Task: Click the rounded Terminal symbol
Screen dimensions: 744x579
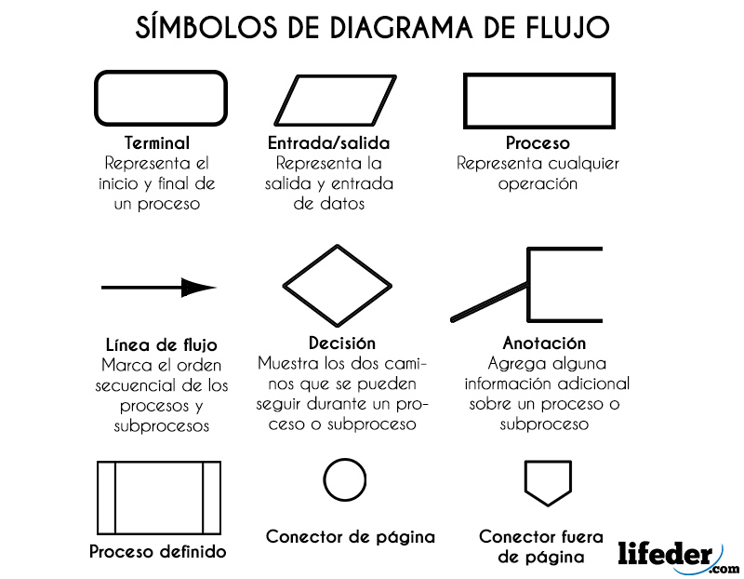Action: [161, 98]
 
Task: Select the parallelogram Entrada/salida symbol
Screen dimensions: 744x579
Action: [329, 98]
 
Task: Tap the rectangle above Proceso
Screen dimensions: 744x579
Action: [538, 100]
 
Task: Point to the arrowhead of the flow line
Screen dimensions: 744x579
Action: [198, 288]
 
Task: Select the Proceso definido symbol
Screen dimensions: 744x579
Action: [159, 496]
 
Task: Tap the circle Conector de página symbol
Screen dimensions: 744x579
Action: [345, 480]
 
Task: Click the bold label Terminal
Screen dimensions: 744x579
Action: [156, 143]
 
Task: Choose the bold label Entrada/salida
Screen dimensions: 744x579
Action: [328, 143]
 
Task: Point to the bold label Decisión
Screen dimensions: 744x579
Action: [342, 343]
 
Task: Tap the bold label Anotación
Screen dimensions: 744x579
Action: [544, 343]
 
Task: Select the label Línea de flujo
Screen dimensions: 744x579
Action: [156, 346]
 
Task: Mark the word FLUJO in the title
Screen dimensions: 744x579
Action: [563, 28]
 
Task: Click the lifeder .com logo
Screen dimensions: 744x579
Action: [678, 556]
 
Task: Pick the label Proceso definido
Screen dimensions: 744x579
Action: [158, 551]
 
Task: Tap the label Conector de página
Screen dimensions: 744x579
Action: [351, 536]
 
